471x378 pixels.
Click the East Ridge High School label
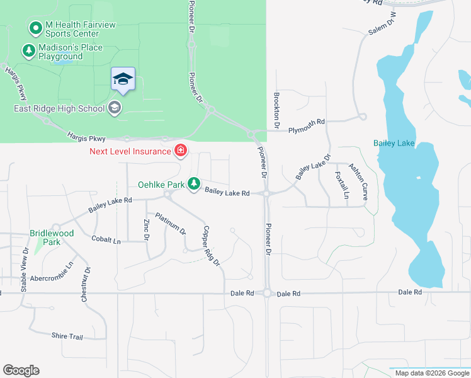(59, 108)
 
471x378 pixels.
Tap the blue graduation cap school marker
(123, 79)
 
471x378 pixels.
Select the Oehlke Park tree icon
(195, 184)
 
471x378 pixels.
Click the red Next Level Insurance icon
(181, 150)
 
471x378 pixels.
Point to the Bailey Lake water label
(394, 143)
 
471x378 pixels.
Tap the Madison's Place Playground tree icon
(28, 50)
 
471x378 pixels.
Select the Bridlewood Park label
(52, 238)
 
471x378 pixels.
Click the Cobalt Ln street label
(106, 240)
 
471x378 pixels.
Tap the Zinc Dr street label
(146, 229)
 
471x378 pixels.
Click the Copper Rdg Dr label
(211, 245)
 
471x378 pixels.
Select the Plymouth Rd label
(306, 125)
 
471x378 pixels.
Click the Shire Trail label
(67, 336)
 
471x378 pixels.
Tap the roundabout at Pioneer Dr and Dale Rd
(268, 293)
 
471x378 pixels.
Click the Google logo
(21, 370)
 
